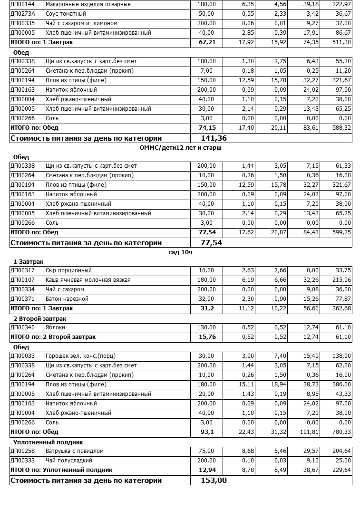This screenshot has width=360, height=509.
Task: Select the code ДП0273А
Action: point(22,14)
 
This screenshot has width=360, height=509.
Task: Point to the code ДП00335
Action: point(22,23)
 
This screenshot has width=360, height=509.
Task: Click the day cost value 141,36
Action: point(214,138)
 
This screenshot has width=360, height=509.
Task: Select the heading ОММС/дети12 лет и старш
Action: point(181,148)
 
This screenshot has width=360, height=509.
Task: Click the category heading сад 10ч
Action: point(181,252)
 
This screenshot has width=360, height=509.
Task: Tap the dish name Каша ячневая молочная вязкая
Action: point(88,280)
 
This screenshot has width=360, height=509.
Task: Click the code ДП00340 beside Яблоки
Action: point(22,327)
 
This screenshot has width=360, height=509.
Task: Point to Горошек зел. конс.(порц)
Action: point(80,356)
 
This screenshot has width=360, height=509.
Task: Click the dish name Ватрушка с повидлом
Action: point(75,451)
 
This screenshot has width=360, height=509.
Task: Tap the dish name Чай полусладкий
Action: point(69,461)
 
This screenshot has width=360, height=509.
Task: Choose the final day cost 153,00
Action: point(214,480)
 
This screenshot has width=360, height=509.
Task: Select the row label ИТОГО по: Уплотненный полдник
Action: point(61,470)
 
